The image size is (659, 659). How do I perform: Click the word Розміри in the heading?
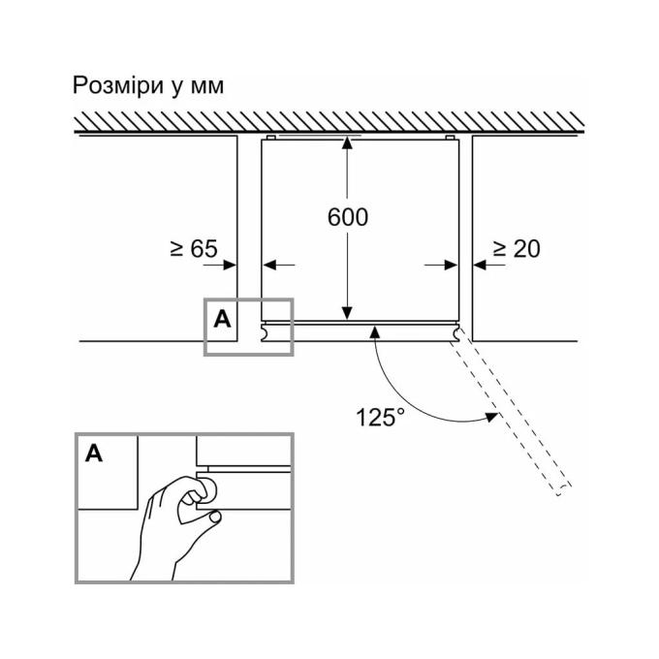[x=117, y=85]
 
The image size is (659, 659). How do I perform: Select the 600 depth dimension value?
[x=348, y=217]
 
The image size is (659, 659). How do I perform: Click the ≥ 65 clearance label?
[x=194, y=248]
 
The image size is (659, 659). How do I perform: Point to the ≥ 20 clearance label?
[x=517, y=249]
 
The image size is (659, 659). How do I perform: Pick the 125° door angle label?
[x=380, y=418]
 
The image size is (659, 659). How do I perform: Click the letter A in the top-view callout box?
[x=222, y=320]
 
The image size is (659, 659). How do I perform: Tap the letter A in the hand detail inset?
[x=94, y=454]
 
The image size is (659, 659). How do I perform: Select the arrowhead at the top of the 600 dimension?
[x=347, y=142]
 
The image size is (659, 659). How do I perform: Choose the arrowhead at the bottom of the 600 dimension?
[x=347, y=313]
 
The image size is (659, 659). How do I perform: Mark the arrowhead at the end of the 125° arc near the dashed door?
[x=491, y=417]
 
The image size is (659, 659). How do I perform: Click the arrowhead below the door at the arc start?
[x=375, y=332]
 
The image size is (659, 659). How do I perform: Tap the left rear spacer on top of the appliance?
[x=271, y=138]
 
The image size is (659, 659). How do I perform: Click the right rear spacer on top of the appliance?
[x=450, y=138]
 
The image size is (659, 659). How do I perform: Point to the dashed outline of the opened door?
[x=512, y=411]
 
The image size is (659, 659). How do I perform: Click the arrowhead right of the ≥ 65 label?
[x=230, y=266]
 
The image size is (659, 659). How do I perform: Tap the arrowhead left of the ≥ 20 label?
[x=480, y=266]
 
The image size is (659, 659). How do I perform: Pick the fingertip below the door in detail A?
[x=215, y=517]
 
